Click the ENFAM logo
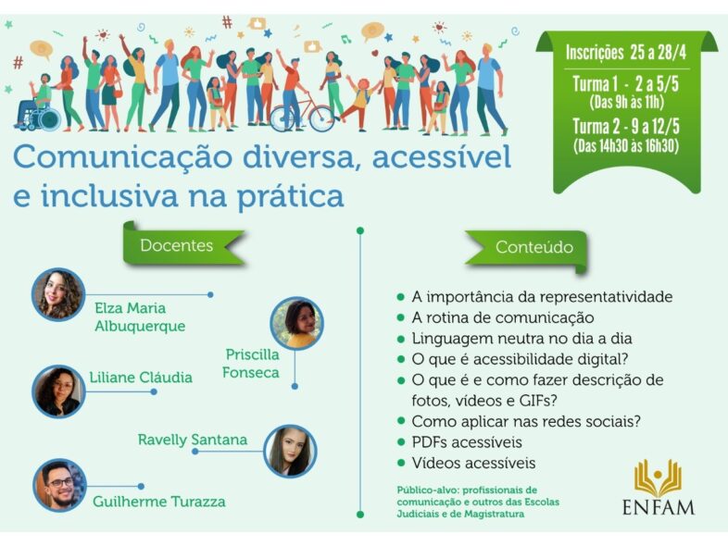pos(659,487)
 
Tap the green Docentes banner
pos(183,244)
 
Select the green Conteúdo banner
pos(527,249)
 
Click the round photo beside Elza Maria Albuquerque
pos(58,294)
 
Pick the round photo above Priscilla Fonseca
pos(296,323)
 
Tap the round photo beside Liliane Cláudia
pos(58,391)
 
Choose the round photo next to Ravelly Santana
pos(290,451)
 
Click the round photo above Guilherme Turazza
pos(60,485)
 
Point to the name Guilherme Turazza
pos(159,502)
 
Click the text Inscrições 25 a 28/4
pos(625,53)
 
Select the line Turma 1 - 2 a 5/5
pos(625,84)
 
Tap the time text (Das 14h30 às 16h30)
pos(626,146)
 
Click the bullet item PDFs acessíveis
pos(467,442)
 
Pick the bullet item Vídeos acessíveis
pos(473,463)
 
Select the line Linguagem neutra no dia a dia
pos(521,339)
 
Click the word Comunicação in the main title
pos(122,157)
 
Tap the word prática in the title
pos(291,197)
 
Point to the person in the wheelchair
pos(39,102)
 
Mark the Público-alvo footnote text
pos(478,502)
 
